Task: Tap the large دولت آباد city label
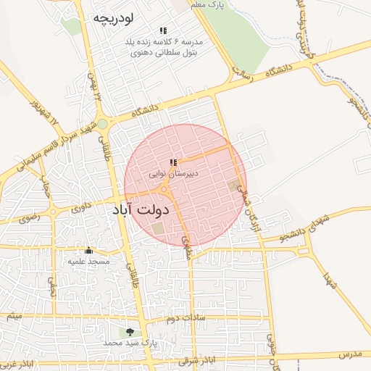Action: click(x=141, y=209)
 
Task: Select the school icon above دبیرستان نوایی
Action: click(x=172, y=163)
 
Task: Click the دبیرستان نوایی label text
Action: click(x=175, y=174)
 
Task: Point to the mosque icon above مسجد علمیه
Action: click(x=88, y=249)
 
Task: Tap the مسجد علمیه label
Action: click(x=88, y=260)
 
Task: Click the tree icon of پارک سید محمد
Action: click(x=130, y=332)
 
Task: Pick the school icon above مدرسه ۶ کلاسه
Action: click(x=163, y=30)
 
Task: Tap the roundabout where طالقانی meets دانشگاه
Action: click(x=103, y=123)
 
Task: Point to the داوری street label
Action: click(x=80, y=207)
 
